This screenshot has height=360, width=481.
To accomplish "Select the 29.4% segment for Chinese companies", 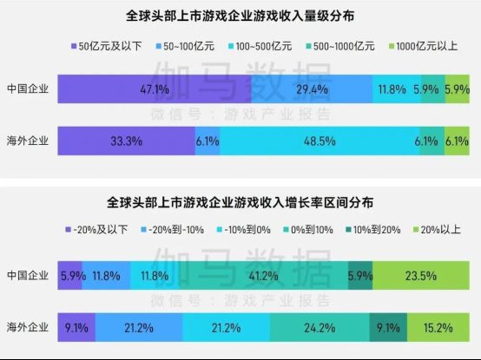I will [x=311, y=88].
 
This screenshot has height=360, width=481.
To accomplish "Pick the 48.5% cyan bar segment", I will [x=320, y=140].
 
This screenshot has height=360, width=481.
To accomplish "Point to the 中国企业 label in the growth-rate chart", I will [x=27, y=275].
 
